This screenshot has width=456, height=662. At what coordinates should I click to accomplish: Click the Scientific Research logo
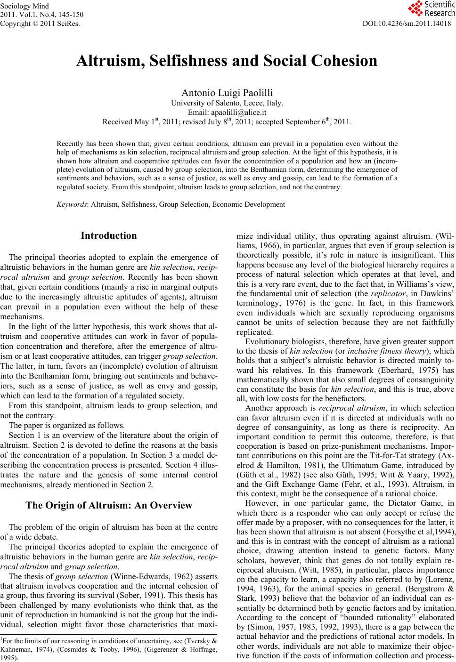coord(430,8)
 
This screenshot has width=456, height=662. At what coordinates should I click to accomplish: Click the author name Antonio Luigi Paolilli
coord(227,93)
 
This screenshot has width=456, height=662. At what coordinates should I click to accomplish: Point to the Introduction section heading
coord(109,235)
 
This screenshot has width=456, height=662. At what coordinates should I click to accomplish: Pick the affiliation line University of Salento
coord(227,103)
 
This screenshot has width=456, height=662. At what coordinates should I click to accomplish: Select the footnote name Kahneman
coord(14,649)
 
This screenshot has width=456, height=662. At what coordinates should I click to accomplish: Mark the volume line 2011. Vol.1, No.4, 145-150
coord(35,14)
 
